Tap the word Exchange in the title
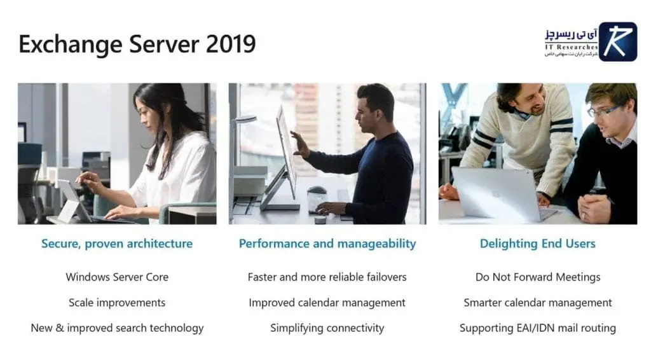click(x=61, y=45)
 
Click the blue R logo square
click(x=617, y=42)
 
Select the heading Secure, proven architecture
click(x=117, y=244)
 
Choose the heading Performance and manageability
click(x=327, y=244)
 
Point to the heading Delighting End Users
click(x=538, y=244)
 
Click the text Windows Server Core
click(x=117, y=277)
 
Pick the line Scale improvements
click(x=117, y=303)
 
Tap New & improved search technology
click(x=117, y=328)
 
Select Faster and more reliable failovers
click(x=327, y=277)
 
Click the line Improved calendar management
click(x=327, y=303)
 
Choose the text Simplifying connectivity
click(x=327, y=328)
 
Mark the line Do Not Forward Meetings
click(x=538, y=277)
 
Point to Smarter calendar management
click(x=538, y=303)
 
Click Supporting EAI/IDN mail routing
click(x=538, y=328)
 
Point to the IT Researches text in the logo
click(x=571, y=47)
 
